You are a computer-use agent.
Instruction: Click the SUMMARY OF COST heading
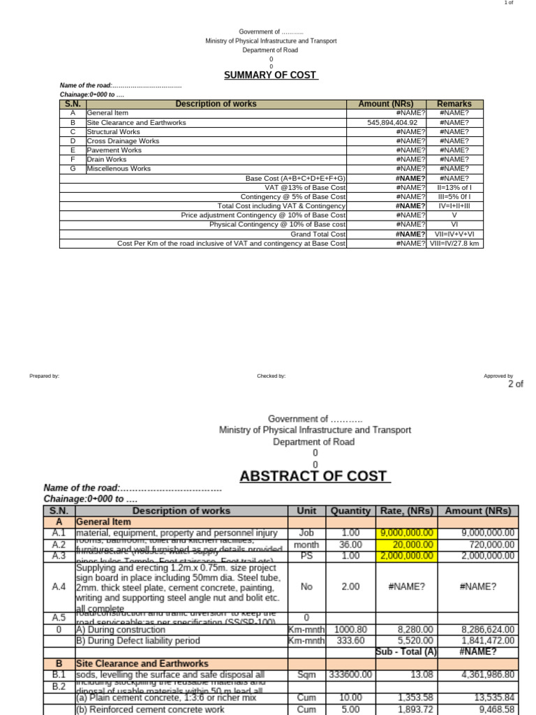coord(271,75)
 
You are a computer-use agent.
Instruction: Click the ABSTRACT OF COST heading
coord(313,476)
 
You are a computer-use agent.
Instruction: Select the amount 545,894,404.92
coord(392,122)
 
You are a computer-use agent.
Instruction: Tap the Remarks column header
coord(454,103)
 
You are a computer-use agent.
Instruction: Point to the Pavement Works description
coord(114,150)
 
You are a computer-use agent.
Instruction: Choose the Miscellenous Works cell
coord(119,168)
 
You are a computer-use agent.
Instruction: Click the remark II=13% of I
coord(454,187)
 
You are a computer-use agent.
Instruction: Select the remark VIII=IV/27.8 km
coord(454,244)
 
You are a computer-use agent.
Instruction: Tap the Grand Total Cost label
coord(318,235)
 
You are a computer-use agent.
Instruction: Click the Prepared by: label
coord(44,376)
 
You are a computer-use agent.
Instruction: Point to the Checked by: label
coord(271,376)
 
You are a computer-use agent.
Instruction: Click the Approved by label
coord(498,376)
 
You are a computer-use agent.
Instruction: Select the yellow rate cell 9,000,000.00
coord(407,533)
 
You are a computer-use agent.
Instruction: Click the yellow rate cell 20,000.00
coord(412,545)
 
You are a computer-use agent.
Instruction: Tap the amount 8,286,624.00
coord(489,629)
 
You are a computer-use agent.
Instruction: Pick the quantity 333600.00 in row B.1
coord(351,675)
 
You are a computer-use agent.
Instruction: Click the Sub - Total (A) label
coord(406,651)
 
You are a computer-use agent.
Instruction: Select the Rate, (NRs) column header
coord(407,510)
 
